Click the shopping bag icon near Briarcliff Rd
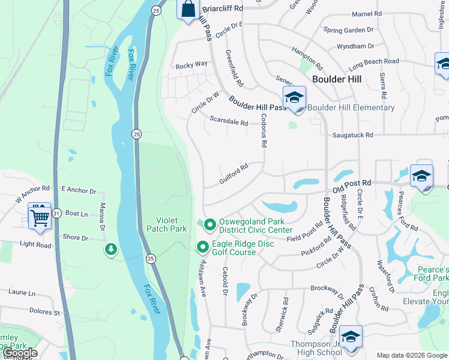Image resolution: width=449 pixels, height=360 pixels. pyautogui.click(x=188, y=9)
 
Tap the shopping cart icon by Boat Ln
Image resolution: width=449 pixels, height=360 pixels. pyautogui.click(x=40, y=215)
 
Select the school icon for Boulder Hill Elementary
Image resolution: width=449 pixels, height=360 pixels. pyautogui.click(x=295, y=98)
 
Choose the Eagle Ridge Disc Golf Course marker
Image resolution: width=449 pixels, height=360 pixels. pyautogui.click(x=203, y=247)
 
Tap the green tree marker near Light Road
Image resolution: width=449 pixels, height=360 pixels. pyautogui.click(x=110, y=249)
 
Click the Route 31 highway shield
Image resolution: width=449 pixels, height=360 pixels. pyautogui.click(x=56, y=213)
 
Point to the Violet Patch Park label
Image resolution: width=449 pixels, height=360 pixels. pyautogui.click(x=166, y=224)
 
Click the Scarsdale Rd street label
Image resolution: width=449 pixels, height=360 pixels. pyautogui.click(x=228, y=122)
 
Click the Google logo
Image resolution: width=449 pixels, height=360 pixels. pyautogui.click(x=20, y=353)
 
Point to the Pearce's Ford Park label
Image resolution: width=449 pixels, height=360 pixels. pyautogui.click(x=431, y=274)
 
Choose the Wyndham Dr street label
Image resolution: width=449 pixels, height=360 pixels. pyautogui.click(x=356, y=46)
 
